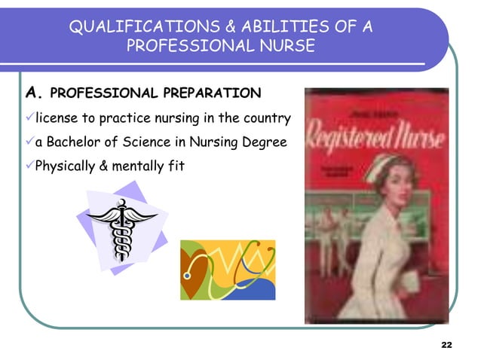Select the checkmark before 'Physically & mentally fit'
(x=29, y=164)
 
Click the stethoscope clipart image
(x=228, y=270)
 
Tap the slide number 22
(x=446, y=344)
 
